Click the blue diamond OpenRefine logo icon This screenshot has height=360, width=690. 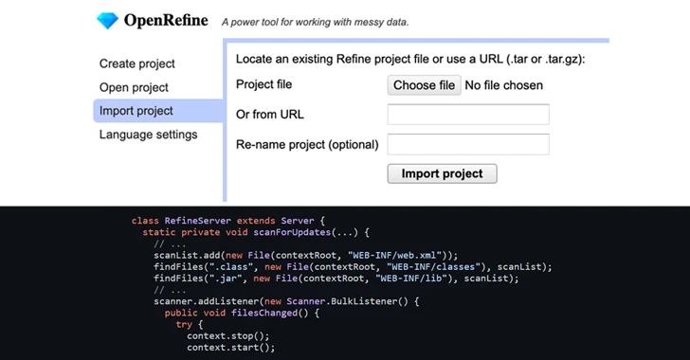coord(109,20)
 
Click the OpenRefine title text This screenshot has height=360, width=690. coord(167,20)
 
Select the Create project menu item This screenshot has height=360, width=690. coord(137,63)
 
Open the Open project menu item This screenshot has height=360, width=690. coord(134,87)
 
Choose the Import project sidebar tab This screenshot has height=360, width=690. coord(136,111)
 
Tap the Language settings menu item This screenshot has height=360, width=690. coord(149,135)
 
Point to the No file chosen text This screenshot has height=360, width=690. coord(503,85)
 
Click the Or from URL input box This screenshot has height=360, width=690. coord(468,115)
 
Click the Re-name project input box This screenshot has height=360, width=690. coord(468,144)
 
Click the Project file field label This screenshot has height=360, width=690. coord(263,85)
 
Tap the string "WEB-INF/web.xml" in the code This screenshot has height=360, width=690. coord(398,255)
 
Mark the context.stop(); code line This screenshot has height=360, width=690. coord(228,335)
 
